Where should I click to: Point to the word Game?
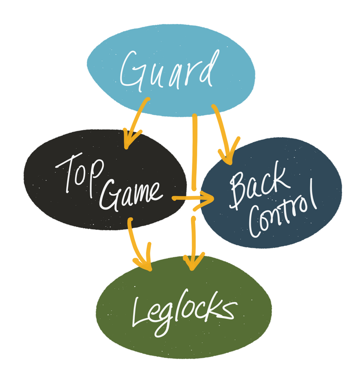pyautogui.click(x=131, y=194)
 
